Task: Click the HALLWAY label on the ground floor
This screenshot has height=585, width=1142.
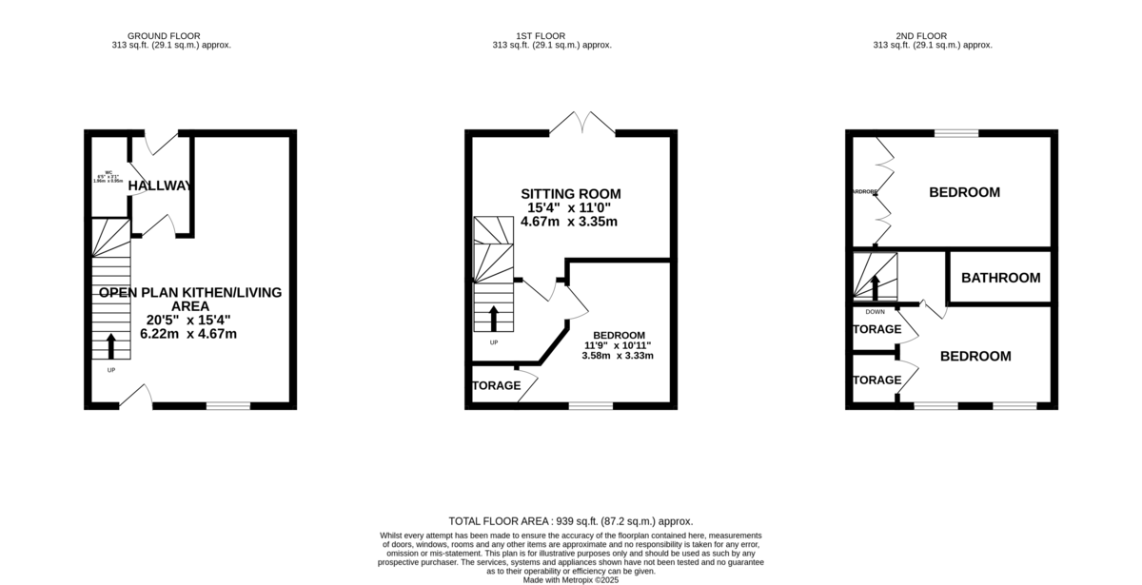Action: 161,185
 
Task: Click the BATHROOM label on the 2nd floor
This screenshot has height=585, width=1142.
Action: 1000,278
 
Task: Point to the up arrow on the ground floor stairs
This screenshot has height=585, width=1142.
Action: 111,345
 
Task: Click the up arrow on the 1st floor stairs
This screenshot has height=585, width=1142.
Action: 493,318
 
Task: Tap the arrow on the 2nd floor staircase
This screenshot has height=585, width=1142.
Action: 874,286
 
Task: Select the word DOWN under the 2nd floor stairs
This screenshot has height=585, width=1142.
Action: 875,311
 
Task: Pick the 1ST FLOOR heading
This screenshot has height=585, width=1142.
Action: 551,36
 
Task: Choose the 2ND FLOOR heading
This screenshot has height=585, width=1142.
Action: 933,36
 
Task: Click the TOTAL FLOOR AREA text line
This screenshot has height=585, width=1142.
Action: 570,521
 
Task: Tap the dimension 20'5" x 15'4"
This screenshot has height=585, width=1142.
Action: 189,319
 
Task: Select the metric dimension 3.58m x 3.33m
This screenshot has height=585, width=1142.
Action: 618,356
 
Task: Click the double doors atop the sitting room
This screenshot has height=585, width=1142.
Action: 582,125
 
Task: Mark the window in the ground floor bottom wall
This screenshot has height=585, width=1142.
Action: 228,406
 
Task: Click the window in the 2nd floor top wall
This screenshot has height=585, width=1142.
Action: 956,133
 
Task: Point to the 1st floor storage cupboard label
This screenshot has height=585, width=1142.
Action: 497,385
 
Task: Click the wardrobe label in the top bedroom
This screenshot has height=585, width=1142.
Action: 863,192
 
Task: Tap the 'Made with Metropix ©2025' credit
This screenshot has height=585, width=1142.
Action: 570,579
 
